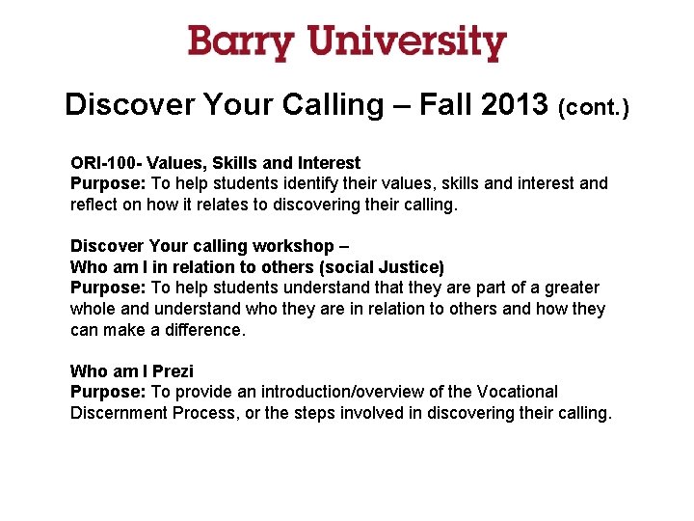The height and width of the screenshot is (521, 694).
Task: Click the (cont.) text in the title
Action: tap(594, 107)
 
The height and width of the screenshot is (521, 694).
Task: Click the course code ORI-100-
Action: tap(106, 163)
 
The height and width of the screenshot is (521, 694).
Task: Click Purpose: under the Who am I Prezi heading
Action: tap(108, 392)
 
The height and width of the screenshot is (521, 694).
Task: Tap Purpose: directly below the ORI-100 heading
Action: tap(108, 183)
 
